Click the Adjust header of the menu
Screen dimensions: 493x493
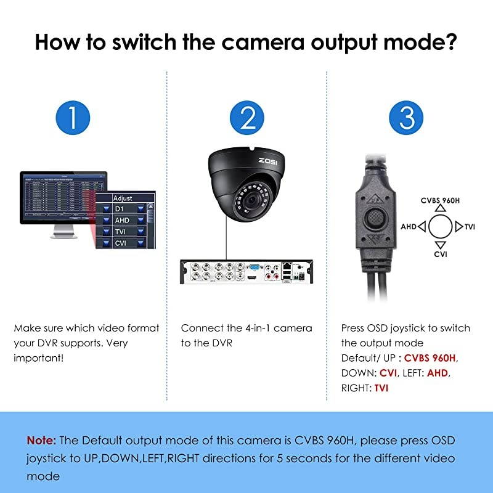click(123, 198)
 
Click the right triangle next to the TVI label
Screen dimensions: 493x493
click(458, 227)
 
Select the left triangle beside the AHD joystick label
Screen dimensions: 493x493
click(422, 227)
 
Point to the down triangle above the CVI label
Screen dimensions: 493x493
click(440, 244)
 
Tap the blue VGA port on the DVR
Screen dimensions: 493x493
click(253, 269)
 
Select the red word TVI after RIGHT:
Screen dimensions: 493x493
click(381, 388)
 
